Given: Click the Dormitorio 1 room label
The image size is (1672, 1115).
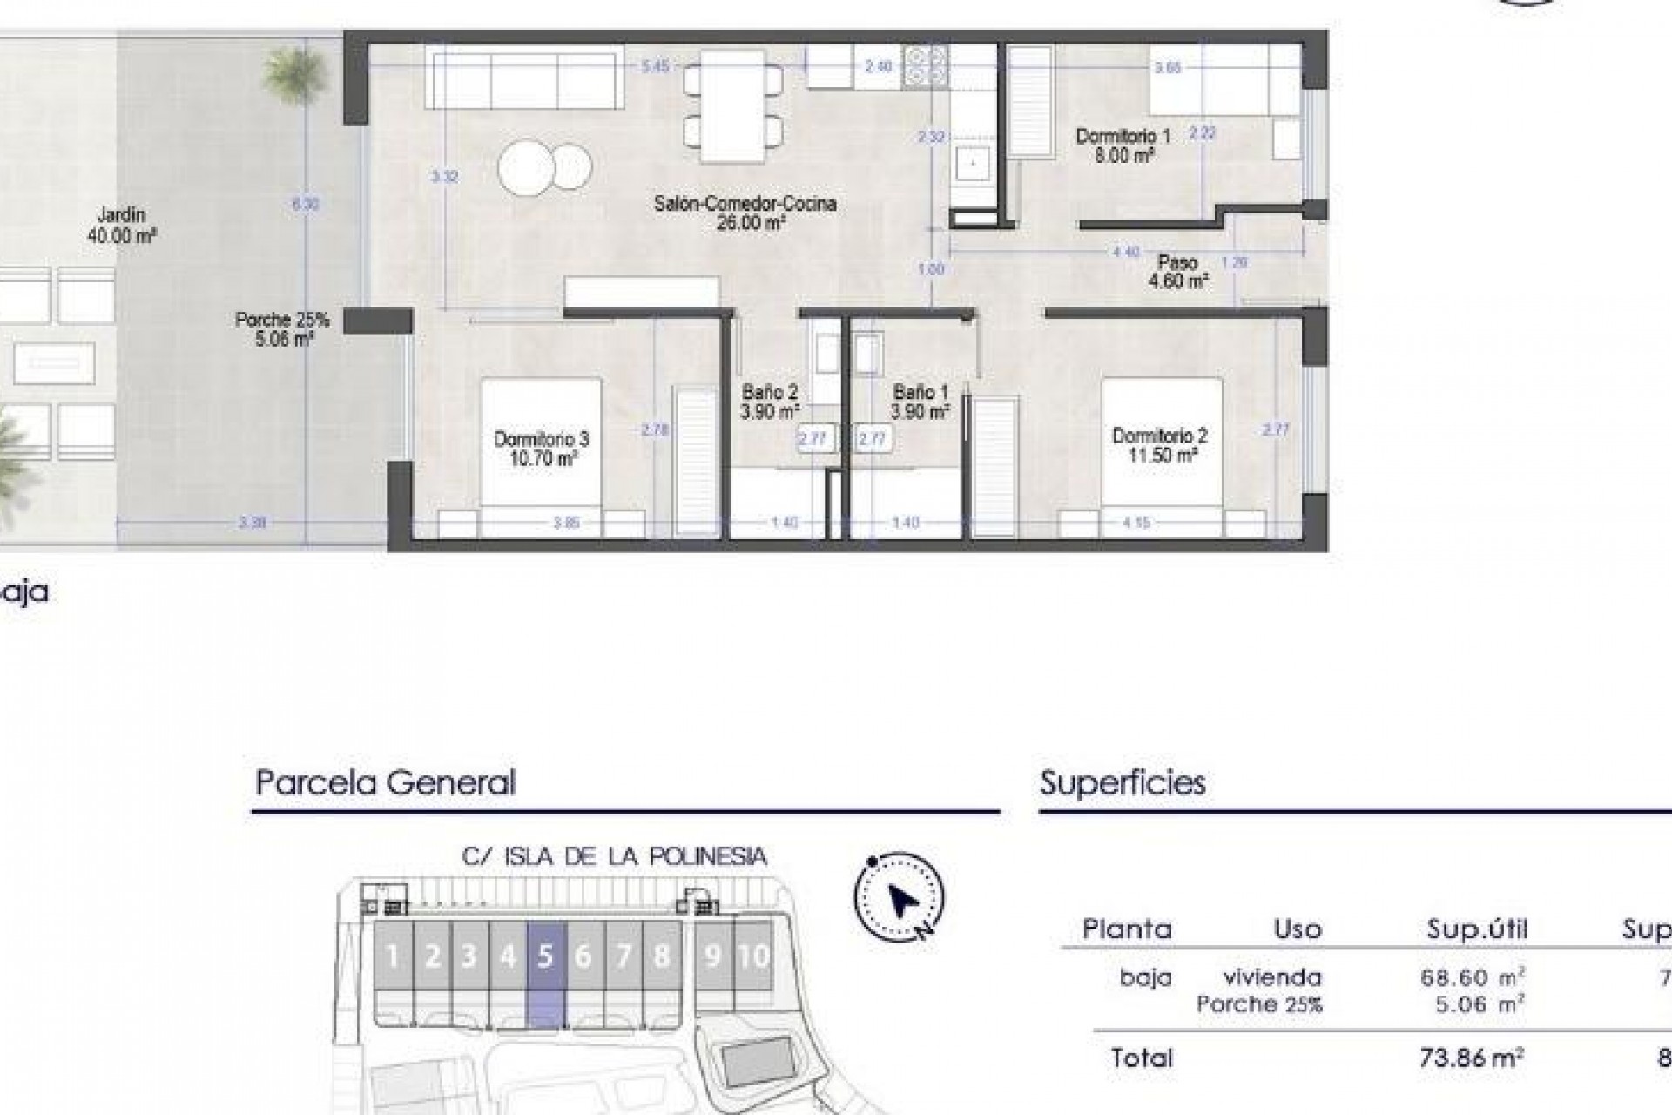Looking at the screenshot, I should (1123, 145).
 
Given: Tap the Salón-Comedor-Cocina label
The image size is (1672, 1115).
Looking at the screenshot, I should (745, 213).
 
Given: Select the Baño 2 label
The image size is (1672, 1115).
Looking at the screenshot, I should (769, 402).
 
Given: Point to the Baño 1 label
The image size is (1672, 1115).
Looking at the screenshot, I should (920, 402).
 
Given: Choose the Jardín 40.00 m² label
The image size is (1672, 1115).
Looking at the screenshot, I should (121, 225).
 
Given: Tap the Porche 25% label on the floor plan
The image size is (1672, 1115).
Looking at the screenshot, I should (282, 329).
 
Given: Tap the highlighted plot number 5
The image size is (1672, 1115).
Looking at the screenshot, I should (546, 956).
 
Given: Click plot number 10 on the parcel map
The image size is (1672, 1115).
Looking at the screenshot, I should (753, 956).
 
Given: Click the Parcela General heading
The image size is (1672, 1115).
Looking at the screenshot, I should (385, 782).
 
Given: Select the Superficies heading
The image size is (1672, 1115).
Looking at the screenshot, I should (1123, 782).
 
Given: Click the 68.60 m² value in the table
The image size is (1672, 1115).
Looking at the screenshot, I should (1472, 977).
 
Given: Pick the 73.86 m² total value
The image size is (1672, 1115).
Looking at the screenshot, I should (1472, 1058).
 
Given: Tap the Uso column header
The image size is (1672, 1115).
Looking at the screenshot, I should (1298, 929).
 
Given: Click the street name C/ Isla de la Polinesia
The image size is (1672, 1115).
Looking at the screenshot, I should (615, 856).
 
